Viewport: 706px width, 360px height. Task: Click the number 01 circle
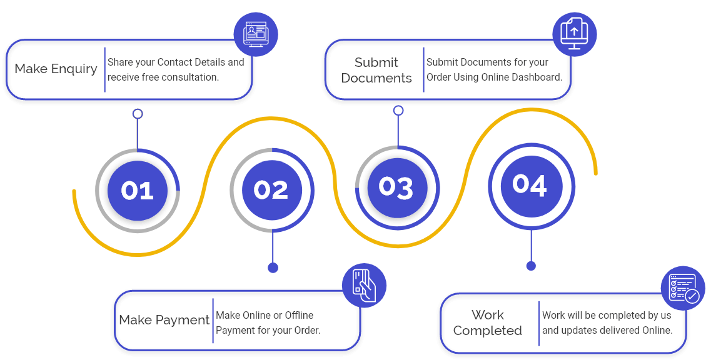[138, 190]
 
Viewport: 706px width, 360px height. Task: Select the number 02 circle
[272, 190]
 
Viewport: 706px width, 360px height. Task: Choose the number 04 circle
[530, 185]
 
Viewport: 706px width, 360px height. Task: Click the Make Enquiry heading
[56, 69]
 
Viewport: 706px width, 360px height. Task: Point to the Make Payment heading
[164, 320]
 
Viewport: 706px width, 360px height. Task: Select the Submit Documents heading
[376, 70]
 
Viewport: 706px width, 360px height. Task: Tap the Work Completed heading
[488, 322]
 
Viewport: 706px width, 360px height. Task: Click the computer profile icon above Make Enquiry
[256, 35]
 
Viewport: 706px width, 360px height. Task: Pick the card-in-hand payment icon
[364, 285]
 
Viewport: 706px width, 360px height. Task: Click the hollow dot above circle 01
[138, 114]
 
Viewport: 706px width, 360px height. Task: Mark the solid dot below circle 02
[273, 267]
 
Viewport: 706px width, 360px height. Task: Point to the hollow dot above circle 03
[398, 111]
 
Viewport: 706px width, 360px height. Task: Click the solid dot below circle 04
[531, 266]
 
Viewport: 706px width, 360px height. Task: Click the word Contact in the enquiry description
[173, 62]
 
